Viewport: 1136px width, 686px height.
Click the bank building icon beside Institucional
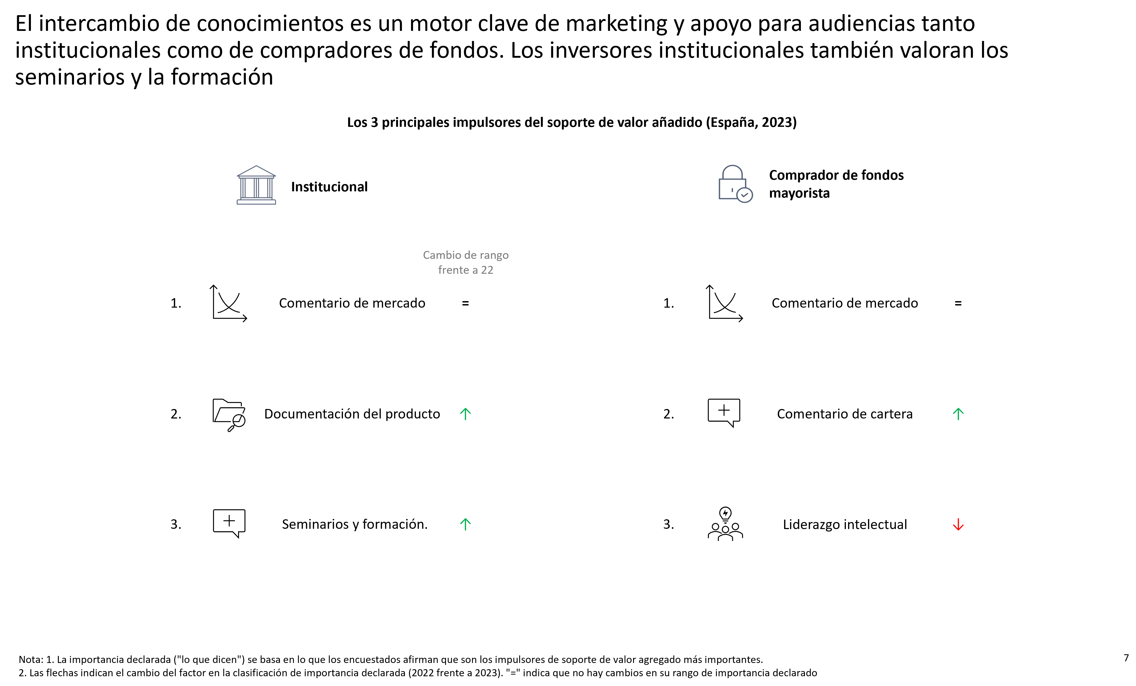256,185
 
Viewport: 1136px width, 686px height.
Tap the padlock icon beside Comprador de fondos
735,184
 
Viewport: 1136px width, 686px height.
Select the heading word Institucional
329,187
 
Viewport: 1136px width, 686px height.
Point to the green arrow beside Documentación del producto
465,414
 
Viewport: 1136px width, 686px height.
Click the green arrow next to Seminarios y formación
465,524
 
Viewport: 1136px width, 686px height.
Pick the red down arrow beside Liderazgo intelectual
958,525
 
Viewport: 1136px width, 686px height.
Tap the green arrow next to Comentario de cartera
958,414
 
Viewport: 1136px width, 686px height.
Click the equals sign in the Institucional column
465,303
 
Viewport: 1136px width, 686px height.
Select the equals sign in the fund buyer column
958,303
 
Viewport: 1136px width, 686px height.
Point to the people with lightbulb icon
725,524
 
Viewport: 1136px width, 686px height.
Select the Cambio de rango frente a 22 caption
466,262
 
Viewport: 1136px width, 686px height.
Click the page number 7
1126,658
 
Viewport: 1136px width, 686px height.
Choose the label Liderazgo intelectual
845,525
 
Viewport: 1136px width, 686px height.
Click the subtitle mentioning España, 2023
572,122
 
